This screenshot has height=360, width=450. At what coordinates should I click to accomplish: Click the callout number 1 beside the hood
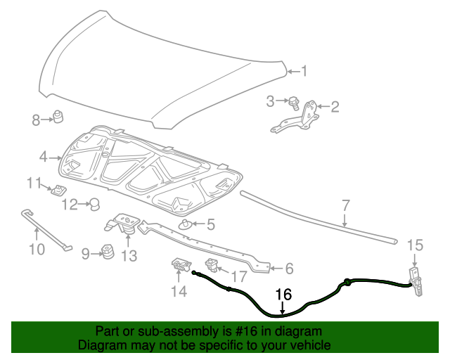pos(304,70)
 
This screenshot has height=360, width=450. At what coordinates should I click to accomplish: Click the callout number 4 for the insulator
pos(44,157)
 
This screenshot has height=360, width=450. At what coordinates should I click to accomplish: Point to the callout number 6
pos(288,268)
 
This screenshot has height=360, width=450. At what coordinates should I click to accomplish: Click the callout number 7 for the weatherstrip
pos(345,205)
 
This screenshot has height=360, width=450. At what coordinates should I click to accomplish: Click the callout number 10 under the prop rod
pos(36,249)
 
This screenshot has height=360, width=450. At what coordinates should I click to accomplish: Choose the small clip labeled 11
pos(58,189)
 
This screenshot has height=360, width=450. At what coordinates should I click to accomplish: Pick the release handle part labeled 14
pos(180,265)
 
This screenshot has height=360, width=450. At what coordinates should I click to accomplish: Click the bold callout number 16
pos(283,295)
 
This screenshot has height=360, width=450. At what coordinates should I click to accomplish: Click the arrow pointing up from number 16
pos(283,307)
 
